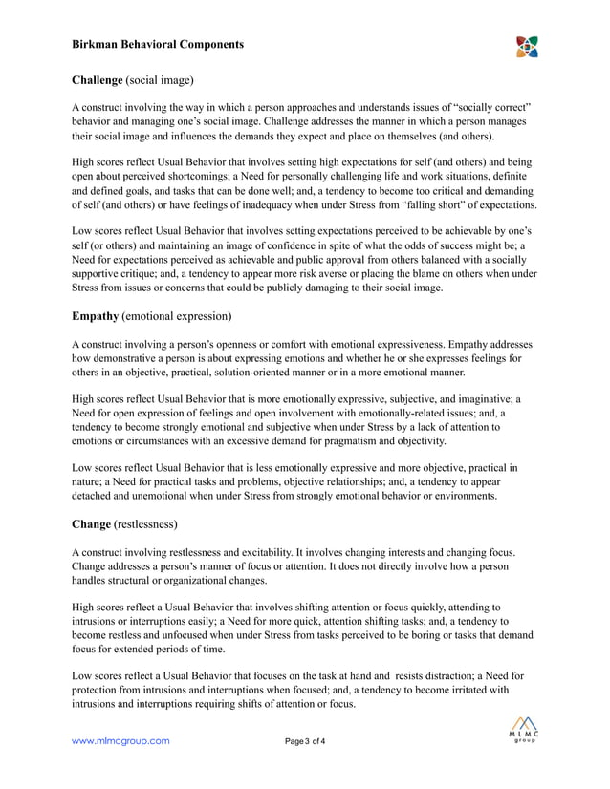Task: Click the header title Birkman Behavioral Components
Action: (158, 44)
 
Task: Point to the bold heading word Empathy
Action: (96, 315)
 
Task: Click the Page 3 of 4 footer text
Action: (305, 741)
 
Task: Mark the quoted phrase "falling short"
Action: (403, 205)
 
